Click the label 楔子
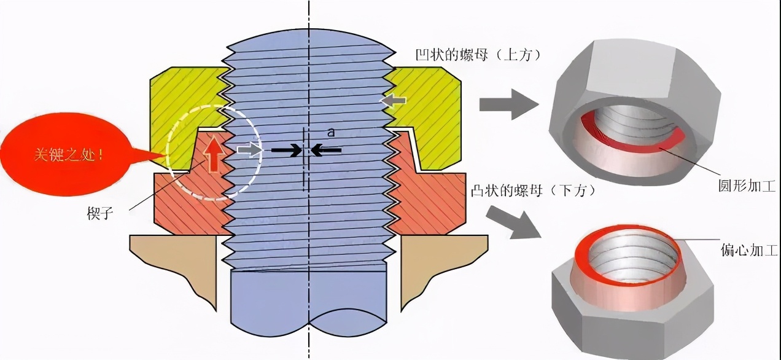point(100,213)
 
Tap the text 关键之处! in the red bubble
point(69,155)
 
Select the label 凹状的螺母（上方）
point(478,55)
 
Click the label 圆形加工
point(747,186)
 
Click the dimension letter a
point(331,132)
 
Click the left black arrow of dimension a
point(286,151)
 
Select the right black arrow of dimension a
point(326,151)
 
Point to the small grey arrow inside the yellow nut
point(393,101)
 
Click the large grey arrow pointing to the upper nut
point(510,104)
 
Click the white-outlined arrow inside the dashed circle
point(249,150)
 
